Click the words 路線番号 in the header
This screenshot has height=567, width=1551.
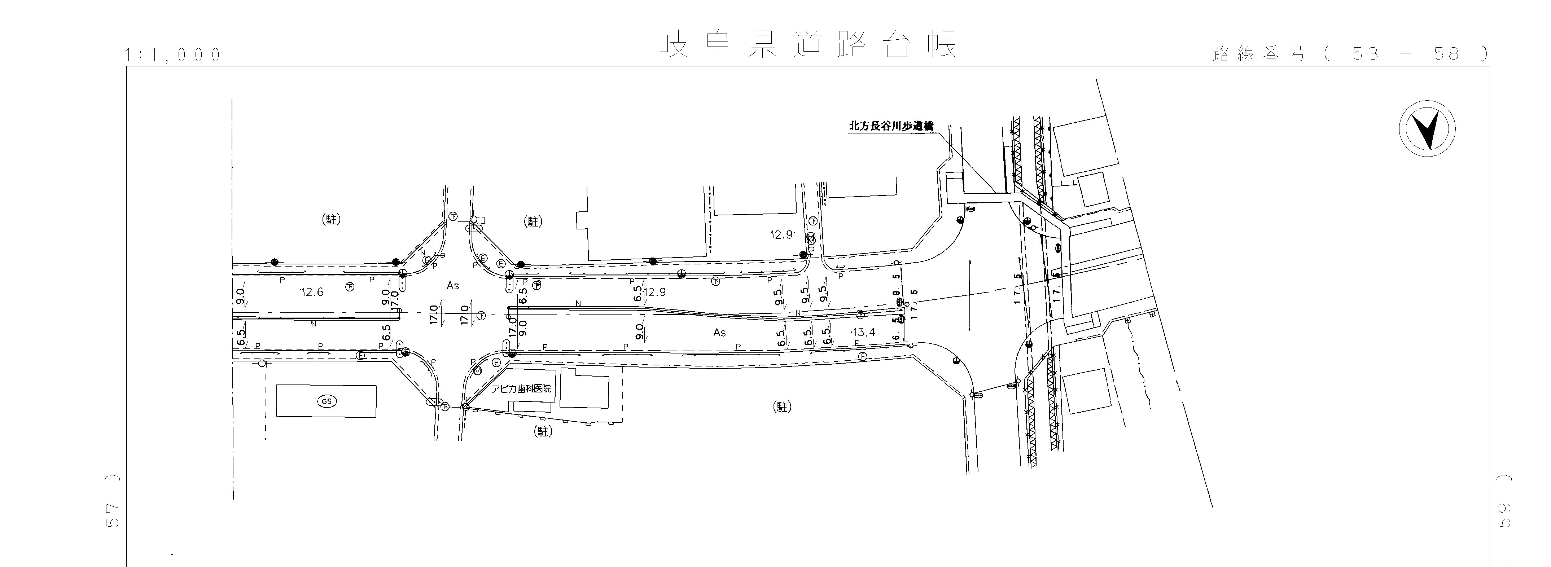point(1258,54)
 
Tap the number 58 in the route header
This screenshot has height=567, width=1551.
point(1446,54)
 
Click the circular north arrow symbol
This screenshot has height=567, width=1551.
point(1427,130)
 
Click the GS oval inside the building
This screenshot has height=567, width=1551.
point(327,401)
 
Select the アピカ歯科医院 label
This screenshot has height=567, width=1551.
point(521,389)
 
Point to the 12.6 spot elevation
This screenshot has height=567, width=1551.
point(311,293)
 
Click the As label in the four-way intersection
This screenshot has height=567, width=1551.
point(453,286)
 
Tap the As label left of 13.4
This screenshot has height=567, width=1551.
point(719,332)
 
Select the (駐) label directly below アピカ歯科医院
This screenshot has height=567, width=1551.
point(543,431)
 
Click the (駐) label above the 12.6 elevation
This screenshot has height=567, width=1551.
point(331,220)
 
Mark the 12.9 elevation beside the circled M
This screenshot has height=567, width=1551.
point(782,235)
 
